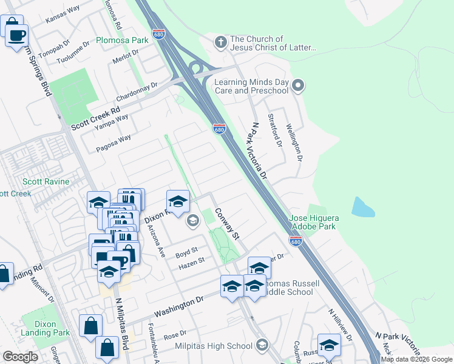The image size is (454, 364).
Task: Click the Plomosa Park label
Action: [x=122, y=40]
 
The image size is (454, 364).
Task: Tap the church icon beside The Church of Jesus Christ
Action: [x=220, y=42]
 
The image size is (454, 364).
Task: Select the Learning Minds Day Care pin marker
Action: [x=297, y=86]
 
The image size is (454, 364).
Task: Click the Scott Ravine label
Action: [x=46, y=181]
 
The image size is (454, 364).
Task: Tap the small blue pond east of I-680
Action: [x=362, y=207]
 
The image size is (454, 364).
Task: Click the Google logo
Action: [x=20, y=357]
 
